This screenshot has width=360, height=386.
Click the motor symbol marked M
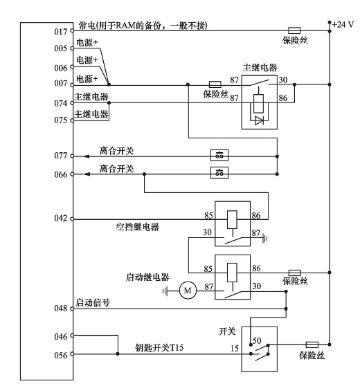[x=188, y=291]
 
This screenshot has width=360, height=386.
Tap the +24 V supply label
[x=343, y=25]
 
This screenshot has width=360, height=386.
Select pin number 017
[x=61, y=32]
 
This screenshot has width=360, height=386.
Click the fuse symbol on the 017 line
[x=294, y=30]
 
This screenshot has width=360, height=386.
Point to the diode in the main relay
[x=259, y=120]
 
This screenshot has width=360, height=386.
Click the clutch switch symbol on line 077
[x=219, y=156]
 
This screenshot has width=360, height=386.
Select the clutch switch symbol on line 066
[x=219, y=172]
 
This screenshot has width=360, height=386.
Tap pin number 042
[x=61, y=219]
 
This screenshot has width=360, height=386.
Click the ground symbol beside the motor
[x=165, y=291]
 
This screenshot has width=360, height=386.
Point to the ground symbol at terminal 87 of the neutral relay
[x=265, y=238]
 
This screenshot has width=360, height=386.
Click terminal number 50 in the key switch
[x=257, y=341]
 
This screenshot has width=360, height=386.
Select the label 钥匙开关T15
[x=159, y=348]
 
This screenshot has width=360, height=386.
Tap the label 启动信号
[x=93, y=302]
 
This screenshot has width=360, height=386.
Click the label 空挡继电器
[x=138, y=227]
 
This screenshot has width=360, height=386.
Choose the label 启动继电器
[x=147, y=277]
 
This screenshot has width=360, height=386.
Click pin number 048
[x=61, y=309]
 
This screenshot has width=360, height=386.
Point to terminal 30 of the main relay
[x=283, y=80]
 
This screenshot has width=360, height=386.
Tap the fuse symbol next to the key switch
[x=312, y=344]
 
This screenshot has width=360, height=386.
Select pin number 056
[x=61, y=356]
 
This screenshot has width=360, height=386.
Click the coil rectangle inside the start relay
[x=232, y=273]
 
